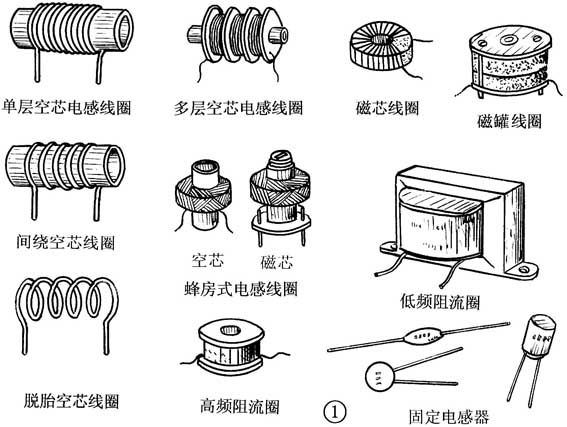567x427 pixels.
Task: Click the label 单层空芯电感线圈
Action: [x=69, y=105]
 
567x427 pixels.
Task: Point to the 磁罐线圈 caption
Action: [x=509, y=120]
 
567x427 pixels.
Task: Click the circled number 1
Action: [x=337, y=410]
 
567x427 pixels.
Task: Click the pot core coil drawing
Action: [x=510, y=64]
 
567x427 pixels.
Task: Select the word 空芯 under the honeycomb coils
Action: [x=206, y=263]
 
